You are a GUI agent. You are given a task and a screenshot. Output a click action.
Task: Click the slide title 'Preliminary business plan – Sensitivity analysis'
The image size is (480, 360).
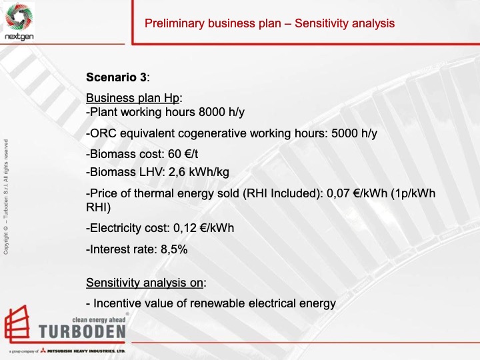click(269, 23)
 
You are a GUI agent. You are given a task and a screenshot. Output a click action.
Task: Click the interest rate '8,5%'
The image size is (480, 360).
click(171, 249)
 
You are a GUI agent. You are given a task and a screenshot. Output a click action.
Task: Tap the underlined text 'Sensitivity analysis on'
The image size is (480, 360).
click(145, 283)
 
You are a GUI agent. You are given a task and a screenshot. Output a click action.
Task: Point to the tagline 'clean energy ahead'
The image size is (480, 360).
click(98, 321)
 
